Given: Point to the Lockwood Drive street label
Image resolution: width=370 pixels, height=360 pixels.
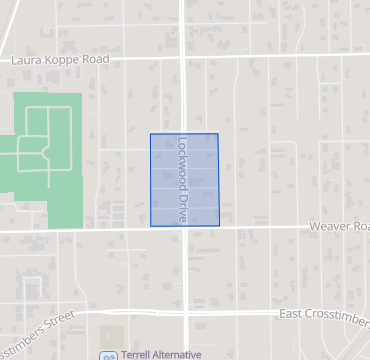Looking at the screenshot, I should click(182, 179).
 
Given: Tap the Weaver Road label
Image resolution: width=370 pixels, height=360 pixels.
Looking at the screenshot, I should click(338, 227).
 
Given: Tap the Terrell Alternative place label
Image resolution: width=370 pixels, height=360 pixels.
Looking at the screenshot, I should click(159, 354).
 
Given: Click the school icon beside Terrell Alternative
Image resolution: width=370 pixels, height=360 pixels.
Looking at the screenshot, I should click(108, 355).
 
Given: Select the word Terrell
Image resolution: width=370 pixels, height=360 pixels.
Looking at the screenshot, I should click(138, 354).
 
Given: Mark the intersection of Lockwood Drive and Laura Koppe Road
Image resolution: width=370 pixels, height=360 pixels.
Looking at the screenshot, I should click(185, 59).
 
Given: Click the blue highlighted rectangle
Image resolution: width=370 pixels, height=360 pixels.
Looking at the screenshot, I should click(201, 180).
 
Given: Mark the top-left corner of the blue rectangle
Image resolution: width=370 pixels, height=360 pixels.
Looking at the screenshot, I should click(150, 133).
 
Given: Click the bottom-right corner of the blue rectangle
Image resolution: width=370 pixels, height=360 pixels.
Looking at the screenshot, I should click(219, 226).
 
